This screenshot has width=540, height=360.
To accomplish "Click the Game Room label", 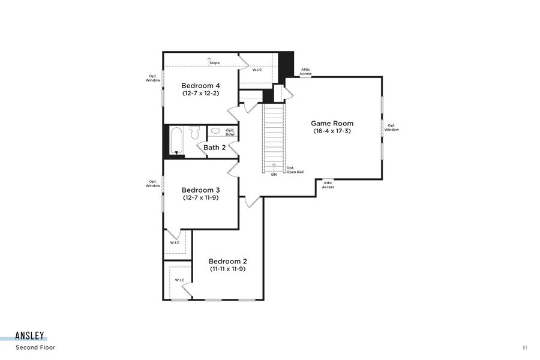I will coord(332,124).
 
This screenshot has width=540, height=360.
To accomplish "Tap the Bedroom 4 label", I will coord(196,86).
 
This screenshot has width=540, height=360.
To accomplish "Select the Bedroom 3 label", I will coord(200,190).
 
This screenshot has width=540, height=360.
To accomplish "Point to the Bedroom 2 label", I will coord(227,261).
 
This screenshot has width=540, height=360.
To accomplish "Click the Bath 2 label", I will coord(214,147).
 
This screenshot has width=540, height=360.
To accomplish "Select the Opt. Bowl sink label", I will coord(229,132).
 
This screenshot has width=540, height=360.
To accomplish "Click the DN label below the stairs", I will coord(274,175).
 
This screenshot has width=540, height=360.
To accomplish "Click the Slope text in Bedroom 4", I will coord(214,63).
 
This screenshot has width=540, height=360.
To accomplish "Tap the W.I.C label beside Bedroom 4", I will coord(257,70).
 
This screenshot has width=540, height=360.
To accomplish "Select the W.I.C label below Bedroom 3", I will coord(175,242).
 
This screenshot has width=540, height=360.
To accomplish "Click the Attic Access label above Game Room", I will coord(305,71).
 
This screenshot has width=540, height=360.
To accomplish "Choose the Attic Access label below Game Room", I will coord(328,185).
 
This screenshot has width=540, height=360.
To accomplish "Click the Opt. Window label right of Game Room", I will coord(391,128).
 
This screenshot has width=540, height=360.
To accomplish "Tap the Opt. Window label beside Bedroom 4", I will coord(153,78).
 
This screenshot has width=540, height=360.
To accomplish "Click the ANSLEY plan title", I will coord(31,336).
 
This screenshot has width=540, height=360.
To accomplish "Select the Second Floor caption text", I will coord(35,347).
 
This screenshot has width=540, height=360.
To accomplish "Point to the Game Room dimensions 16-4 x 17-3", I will coord(332,131).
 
